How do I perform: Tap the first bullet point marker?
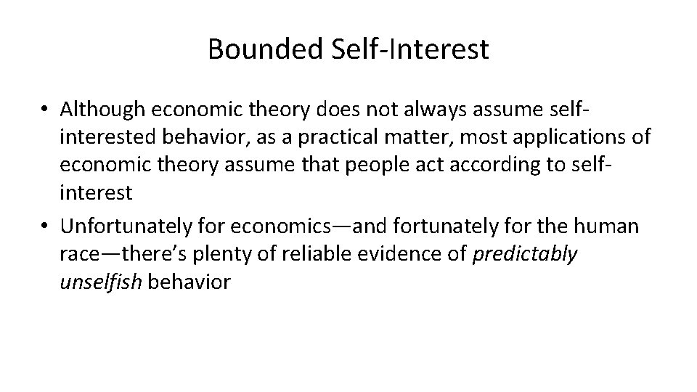click(45, 110)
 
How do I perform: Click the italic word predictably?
click(525, 254)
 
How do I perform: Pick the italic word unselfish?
click(102, 282)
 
